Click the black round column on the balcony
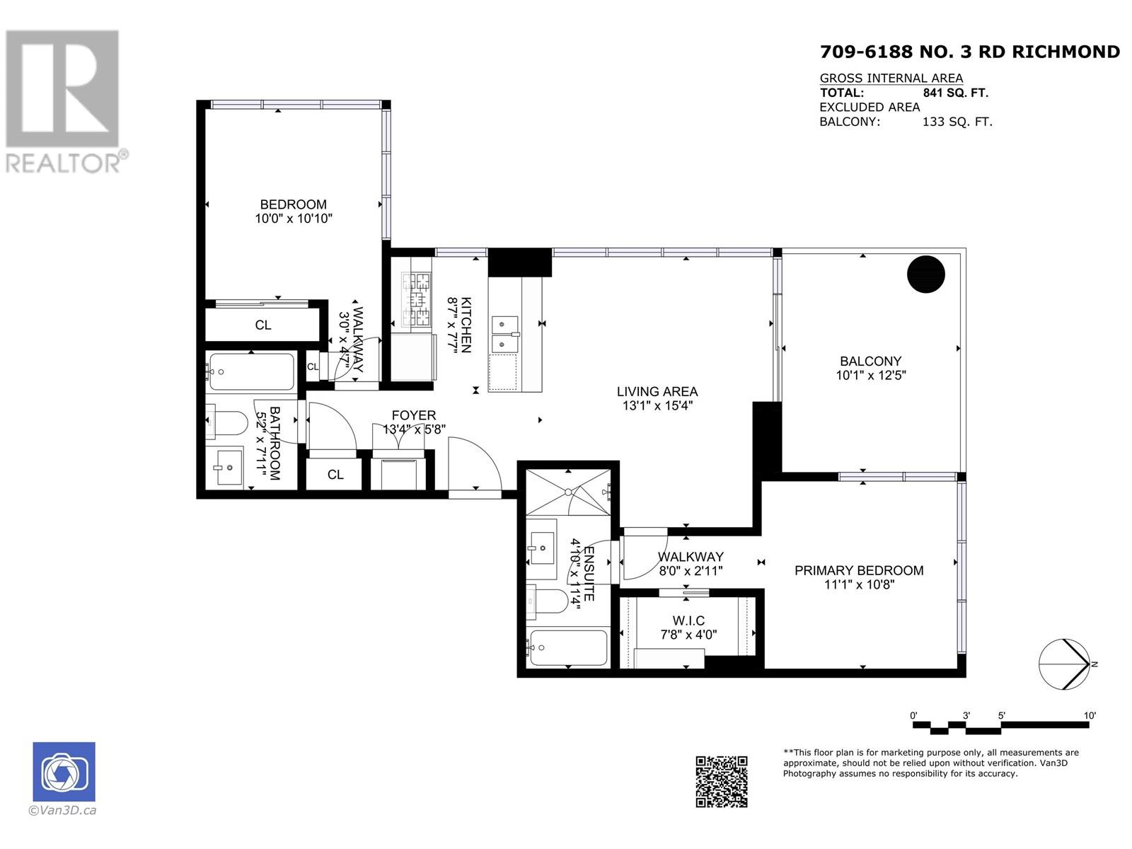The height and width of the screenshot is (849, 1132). (925, 275)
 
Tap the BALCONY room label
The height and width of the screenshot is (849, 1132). (870, 361)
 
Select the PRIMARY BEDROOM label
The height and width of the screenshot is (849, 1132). (859, 570)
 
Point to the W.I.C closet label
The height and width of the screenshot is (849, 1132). (688, 620)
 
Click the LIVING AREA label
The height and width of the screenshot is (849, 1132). (657, 391)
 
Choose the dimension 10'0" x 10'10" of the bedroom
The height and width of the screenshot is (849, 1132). (294, 219)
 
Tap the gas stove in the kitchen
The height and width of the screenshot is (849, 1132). (416, 300)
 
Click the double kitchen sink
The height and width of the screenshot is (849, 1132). (504, 334)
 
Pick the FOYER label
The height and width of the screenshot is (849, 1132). (414, 415)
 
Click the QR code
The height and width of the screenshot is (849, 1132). (721, 782)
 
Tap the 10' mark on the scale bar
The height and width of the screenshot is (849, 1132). (1089, 715)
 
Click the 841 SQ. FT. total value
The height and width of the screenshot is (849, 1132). (955, 93)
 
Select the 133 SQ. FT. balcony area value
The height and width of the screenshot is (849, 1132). (957, 122)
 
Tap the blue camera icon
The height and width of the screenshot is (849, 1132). (64, 772)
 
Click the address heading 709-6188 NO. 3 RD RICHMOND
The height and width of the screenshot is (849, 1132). (969, 52)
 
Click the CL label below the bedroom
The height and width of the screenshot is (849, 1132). (263, 325)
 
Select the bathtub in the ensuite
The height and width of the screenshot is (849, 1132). (567, 648)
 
